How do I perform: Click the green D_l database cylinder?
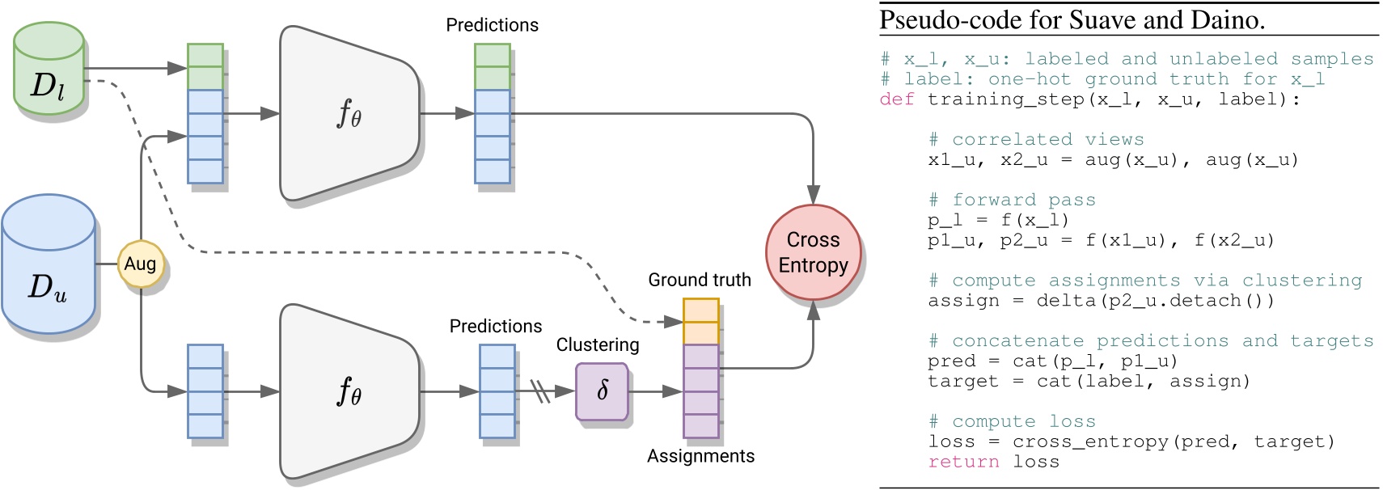coord(49,68)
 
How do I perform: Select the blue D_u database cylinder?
coord(49,264)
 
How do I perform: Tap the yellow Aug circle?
coord(141,264)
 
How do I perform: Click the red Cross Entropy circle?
coord(813,252)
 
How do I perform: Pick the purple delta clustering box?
coord(602,392)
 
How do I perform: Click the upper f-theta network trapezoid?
coord(349,113)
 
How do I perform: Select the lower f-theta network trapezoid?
coord(349,392)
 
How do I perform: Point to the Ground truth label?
coord(700,281)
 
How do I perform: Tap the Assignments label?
coord(700,456)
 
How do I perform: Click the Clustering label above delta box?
coord(598,344)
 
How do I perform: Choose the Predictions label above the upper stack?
coord(492,25)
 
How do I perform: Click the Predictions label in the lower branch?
coord(496,326)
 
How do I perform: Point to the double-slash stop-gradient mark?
coord(540,391)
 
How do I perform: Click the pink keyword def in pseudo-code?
coord(897,99)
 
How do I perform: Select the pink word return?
coord(963,462)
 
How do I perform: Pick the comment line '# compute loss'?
coord(1012,421)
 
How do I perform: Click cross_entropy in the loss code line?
coord(1090,441)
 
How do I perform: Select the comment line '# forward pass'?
coord(1012,200)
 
